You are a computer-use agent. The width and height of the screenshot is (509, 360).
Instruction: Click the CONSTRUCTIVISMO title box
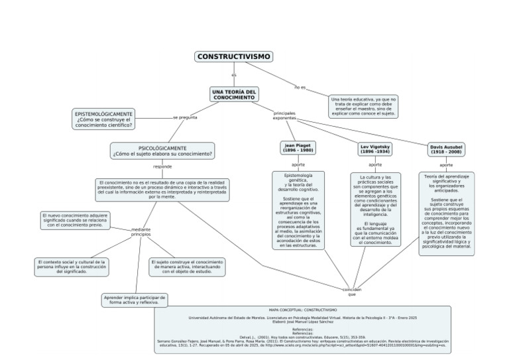[235, 57]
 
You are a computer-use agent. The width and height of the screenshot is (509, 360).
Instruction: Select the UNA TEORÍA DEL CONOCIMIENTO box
[234, 94]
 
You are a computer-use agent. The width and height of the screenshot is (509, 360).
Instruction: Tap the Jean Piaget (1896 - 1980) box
[298, 148]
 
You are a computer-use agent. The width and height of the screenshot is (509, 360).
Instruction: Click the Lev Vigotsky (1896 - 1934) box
[375, 149]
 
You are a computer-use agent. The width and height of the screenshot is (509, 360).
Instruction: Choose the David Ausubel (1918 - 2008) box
[447, 149]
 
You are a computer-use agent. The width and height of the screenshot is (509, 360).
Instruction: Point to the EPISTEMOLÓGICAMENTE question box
[104, 119]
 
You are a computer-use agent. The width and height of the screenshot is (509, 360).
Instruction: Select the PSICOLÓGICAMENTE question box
[162, 151]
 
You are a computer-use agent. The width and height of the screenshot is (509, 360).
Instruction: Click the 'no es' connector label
[300, 88]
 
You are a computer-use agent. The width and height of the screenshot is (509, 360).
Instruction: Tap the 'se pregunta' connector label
[185, 117]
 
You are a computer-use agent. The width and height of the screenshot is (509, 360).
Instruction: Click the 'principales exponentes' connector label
[284, 116]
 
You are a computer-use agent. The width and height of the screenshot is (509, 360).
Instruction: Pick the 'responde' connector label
[162, 166]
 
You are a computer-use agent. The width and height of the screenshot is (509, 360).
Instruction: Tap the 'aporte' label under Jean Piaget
[298, 164]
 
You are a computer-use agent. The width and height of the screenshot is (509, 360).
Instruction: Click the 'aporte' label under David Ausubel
[447, 164]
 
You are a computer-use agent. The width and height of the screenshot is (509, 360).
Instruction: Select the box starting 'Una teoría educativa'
[363, 106]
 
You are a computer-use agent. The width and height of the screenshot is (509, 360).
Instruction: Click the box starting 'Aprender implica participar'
[135, 300]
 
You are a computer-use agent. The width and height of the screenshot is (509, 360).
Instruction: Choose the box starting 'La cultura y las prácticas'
[375, 210]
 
